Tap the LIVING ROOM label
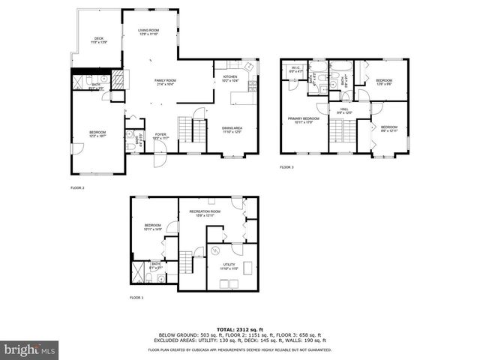pos(148,31)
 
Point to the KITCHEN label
pos(230,76)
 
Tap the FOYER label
pos(160,136)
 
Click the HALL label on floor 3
pos(344,109)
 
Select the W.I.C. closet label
pos(295,69)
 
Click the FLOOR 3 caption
pos(287,167)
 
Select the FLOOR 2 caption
pos(77,187)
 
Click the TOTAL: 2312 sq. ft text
pos(239,328)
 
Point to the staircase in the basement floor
pos(196,262)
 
